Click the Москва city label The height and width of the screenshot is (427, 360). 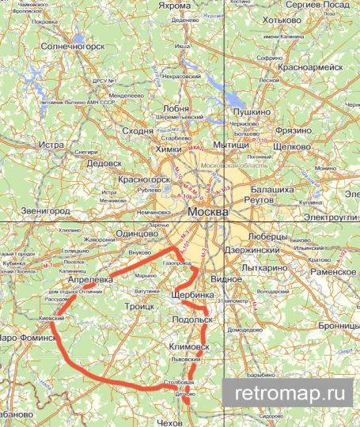pos(209,213)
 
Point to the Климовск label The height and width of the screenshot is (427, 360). pos(190,346)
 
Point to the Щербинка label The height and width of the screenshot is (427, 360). pos(192,294)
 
